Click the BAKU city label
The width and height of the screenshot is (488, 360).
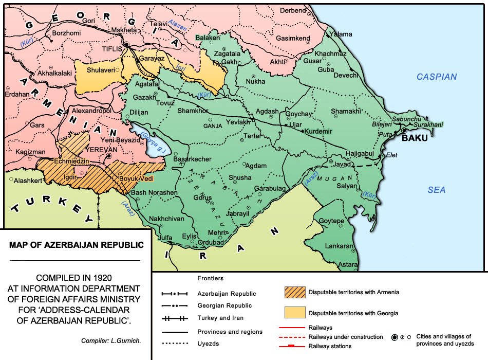[415, 138]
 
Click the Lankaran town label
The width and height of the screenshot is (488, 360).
[340, 246]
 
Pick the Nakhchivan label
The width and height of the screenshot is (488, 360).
[166, 219]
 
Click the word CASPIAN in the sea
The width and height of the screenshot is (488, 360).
[436, 77]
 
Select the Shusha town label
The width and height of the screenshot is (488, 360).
[240, 177]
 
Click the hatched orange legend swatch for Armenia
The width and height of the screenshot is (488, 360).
[294, 292]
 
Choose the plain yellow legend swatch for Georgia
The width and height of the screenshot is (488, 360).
[294, 313]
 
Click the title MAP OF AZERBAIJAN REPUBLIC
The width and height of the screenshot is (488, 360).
[76, 244]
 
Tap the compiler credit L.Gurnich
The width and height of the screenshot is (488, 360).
[112, 341]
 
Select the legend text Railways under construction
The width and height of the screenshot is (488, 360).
[346, 337]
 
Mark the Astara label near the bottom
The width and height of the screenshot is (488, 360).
[348, 264]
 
